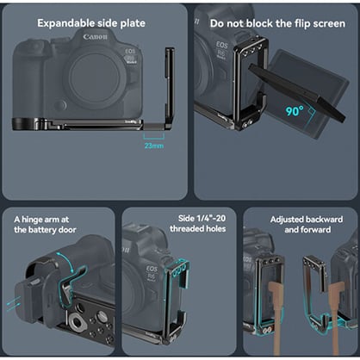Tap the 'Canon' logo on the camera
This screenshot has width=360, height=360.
[96, 37]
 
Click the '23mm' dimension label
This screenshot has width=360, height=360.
[154, 146]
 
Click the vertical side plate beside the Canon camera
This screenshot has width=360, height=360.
[168, 86]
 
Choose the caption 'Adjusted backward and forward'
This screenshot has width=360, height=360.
[300, 225]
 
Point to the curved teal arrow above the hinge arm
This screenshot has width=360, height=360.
[69, 261]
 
